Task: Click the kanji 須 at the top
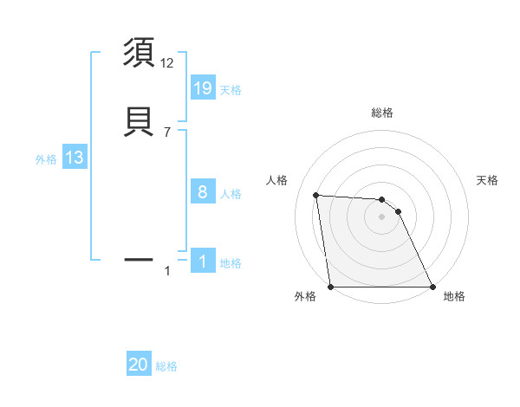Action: click(x=140, y=53)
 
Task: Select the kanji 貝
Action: click(x=140, y=121)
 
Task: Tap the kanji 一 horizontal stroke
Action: click(x=140, y=259)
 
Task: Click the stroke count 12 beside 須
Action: click(x=167, y=63)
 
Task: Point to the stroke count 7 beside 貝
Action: click(x=167, y=132)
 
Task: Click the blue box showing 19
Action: click(x=202, y=87)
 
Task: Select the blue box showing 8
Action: click(x=202, y=192)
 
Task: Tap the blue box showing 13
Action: click(x=74, y=158)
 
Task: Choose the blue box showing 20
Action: click(x=139, y=365)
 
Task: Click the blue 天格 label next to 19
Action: click(x=231, y=90)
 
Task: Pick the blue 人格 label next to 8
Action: click(x=231, y=194)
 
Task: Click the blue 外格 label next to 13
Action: click(x=46, y=159)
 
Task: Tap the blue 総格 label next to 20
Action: click(x=166, y=367)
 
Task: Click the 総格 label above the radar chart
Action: click(x=382, y=113)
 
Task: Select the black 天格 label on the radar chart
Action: click(x=487, y=180)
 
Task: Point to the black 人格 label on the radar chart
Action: click(x=276, y=180)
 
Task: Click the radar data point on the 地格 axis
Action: click(x=432, y=287)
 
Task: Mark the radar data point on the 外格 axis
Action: click(x=331, y=287)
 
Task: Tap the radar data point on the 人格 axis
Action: click(x=316, y=195)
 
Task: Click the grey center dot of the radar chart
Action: click(x=382, y=216)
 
